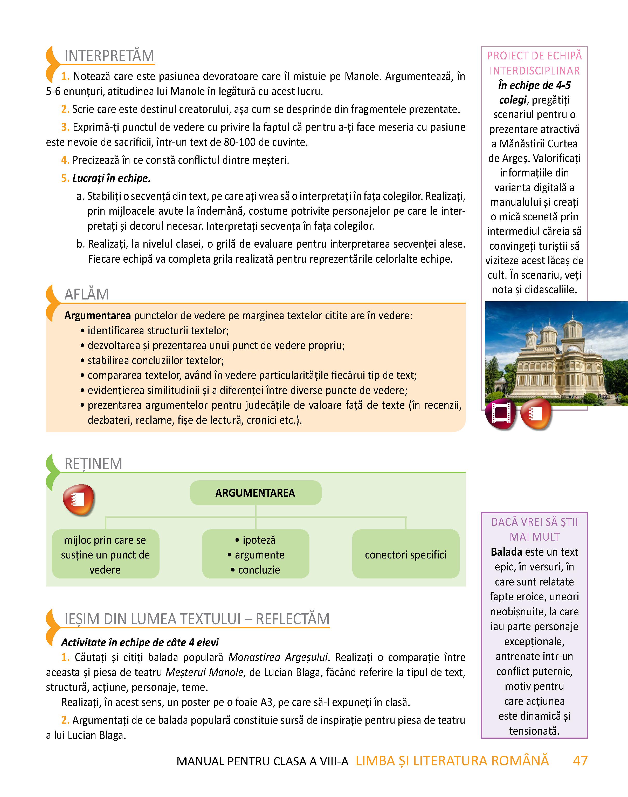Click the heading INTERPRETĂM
tap(109, 56)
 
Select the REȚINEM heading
tap(93, 464)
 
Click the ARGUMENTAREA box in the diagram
tap(255, 493)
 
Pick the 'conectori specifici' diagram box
tap(405, 555)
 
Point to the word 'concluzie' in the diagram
tap(259, 570)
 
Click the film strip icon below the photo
tap(500, 414)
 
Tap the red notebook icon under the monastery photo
tap(536, 414)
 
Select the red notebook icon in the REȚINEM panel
tap(79, 500)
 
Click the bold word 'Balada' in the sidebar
tap(506, 552)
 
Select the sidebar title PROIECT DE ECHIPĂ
tap(534, 56)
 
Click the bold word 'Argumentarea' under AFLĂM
tap(98, 316)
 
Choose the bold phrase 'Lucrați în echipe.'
tap(111, 178)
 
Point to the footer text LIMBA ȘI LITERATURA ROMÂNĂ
tap(452, 761)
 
